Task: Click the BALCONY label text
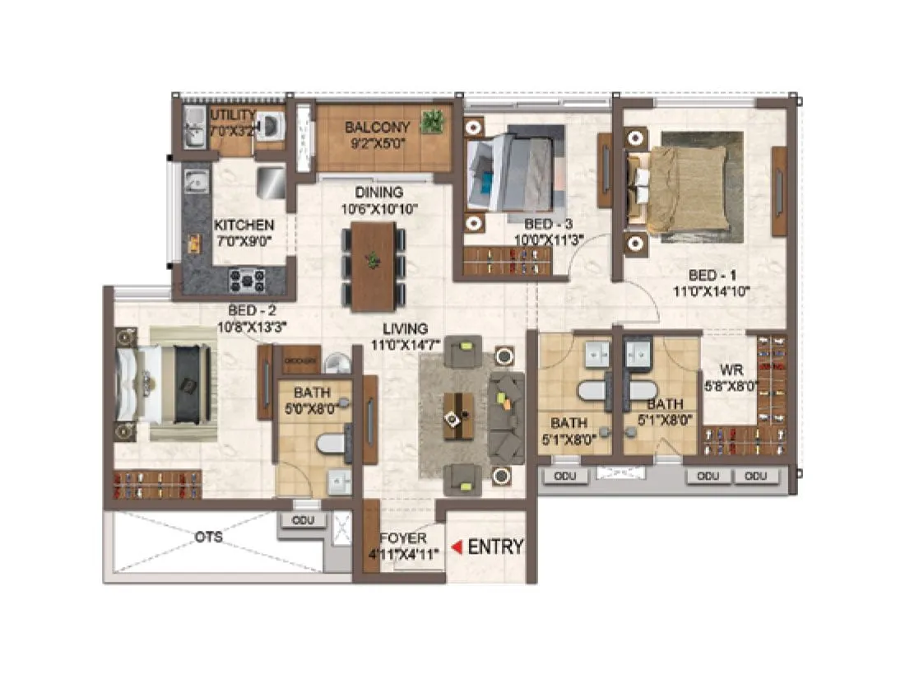pos(377,128)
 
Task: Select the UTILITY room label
pos(233,114)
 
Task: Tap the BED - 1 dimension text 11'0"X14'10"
pos(713,290)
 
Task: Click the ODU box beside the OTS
pos(302,520)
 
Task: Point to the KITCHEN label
pos(244,225)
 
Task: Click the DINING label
pos(379,193)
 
